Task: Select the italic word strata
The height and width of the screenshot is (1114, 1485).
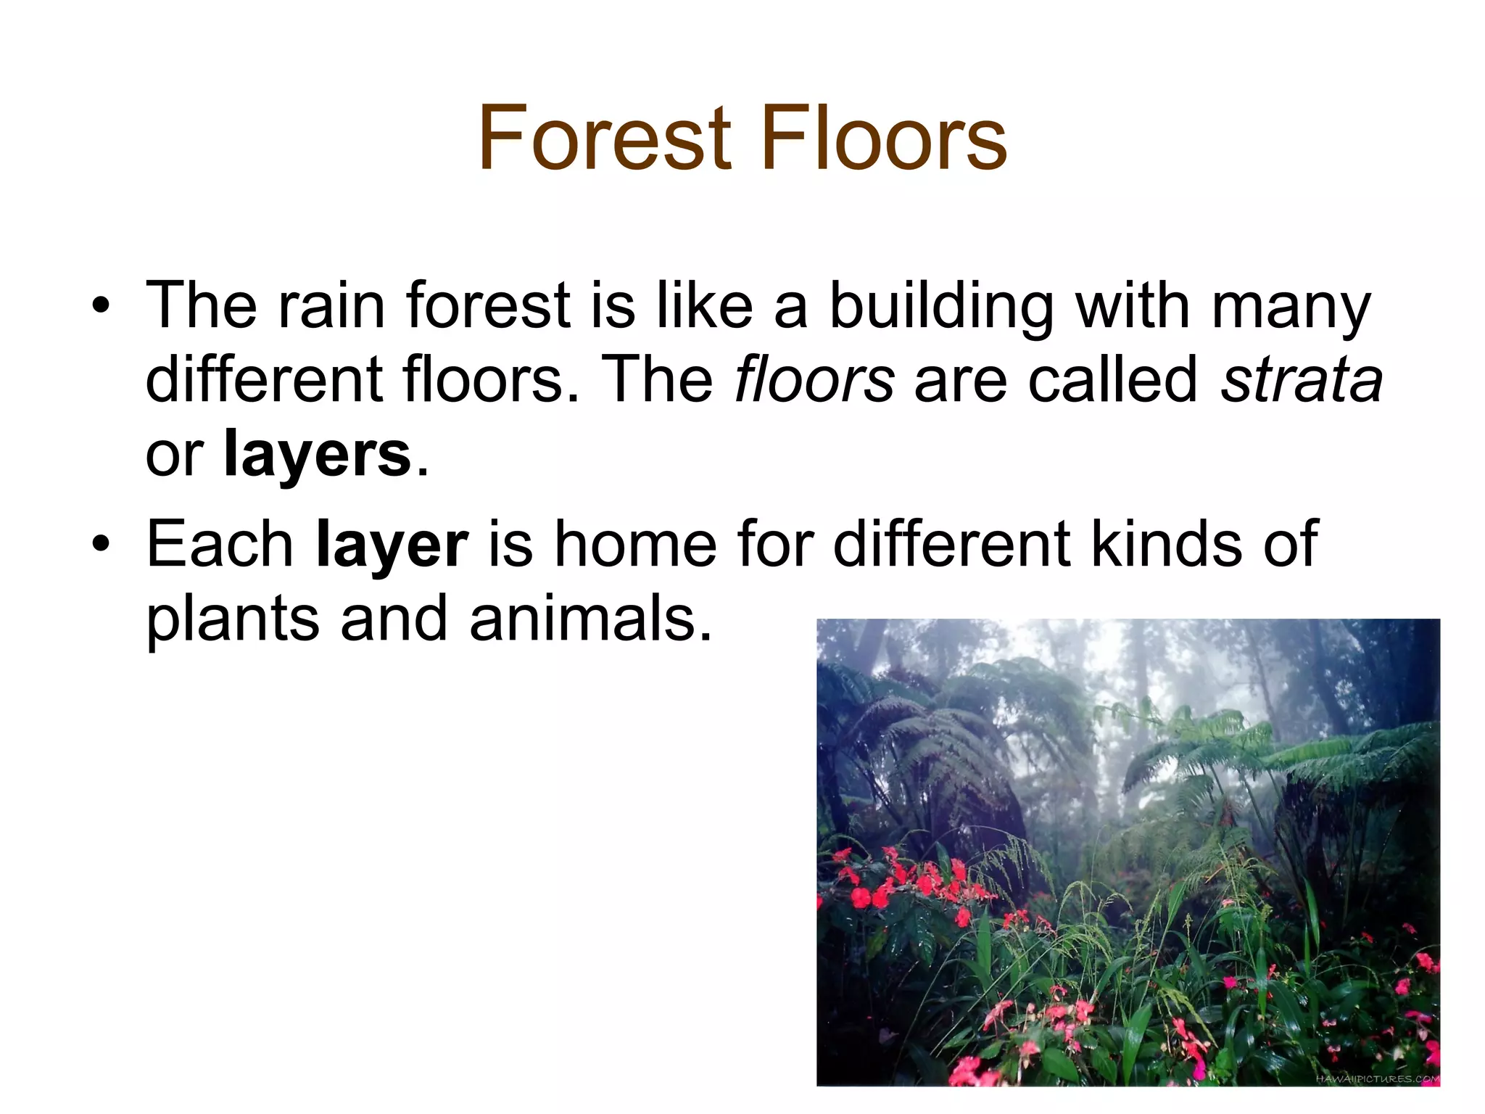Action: [x=1302, y=379]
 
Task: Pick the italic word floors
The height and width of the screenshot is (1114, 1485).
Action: [x=814, y=379]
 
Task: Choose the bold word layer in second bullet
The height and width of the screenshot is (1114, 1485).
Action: [x=392, y=545]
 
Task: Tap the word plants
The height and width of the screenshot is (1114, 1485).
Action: [x=233, y=620]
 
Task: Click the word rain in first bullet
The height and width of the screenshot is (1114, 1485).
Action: [x=331, y=305]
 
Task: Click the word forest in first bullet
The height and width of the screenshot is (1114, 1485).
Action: [x=489, y=305]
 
